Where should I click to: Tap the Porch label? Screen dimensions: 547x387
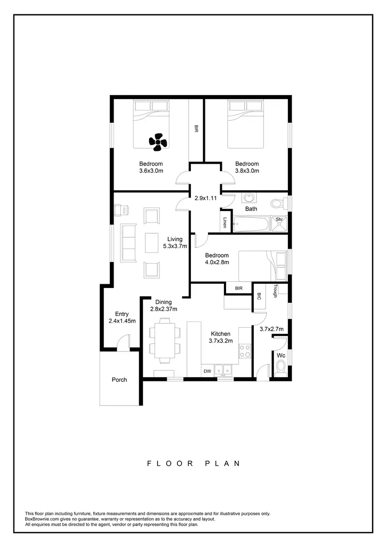(119, 380)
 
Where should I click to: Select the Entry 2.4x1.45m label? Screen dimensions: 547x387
(122, 317)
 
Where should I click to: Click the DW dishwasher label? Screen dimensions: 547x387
(207, 371)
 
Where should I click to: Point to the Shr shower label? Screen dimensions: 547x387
(280, 219)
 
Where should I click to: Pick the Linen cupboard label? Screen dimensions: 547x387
(225, 222)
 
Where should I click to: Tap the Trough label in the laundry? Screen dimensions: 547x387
(276, 291)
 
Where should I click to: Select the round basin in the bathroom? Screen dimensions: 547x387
(249, 198)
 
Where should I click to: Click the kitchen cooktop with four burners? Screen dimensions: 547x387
(245, 351)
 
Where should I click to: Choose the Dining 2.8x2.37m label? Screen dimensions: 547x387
(164, 306)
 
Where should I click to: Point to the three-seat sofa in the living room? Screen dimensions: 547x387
(128, 242)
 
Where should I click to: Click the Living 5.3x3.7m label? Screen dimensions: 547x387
(175, 243)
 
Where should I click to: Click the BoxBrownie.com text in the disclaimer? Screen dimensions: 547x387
(43, 519)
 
